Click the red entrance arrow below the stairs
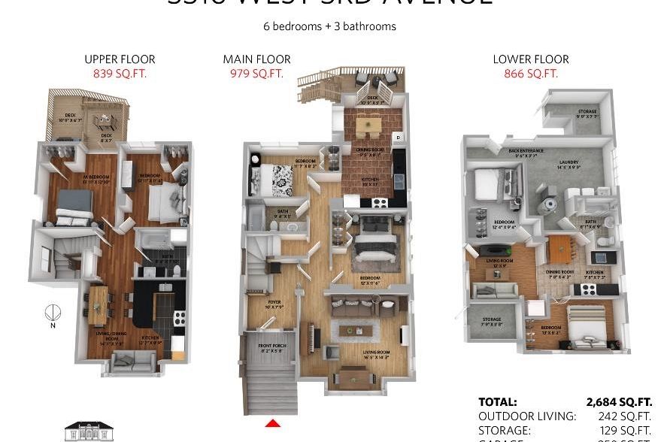pyautogui.click(x=273, y=424)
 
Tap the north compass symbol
pyautogui.click(x=53, y=313)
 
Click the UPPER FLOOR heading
pyautogui.click(x=120, y=59)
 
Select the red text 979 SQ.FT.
pyautogui.click(x=256, y=73)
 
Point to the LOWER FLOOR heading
pyautogui.click(x=531, y=59)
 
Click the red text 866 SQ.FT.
pyautogui.click(x=531, y=73)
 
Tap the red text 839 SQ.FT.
pyautogui.click(x=120, y=73)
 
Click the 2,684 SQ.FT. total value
pyautogui.click(x=619, y=402)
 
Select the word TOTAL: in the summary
pyautogui.click(x=498, y=402)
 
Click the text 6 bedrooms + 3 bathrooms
pyautogui.click(x=329, y=26)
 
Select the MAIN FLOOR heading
pyautogui.click(x=256, y=59)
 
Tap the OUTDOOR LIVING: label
pyautogui.click(x=527, y=416)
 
